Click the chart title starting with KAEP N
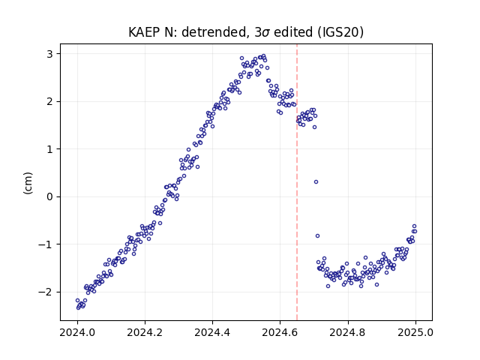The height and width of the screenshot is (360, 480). click(246, 32)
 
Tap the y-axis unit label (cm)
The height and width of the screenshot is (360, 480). click(28, 183)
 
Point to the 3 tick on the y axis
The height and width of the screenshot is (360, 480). click(49, 54)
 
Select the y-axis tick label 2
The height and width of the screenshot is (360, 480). click(49, 102)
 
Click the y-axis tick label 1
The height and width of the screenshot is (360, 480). click(49, 149)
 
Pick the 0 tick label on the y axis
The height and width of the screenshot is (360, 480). click(49, 196)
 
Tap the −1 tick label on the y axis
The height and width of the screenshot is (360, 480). click(46, 244)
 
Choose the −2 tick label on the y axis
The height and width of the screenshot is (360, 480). click(46, 292)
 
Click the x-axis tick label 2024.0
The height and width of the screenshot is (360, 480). click(77, 332)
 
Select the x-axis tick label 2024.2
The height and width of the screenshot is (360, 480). click(145, 332)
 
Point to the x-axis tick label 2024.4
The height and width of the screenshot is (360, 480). click(212, 332)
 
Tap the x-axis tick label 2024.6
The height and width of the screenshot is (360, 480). click(280, 332)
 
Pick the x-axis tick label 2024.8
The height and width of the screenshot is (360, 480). click(347, 332)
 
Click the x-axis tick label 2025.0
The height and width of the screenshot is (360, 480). click(415, 332)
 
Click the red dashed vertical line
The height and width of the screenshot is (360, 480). click(297, 182)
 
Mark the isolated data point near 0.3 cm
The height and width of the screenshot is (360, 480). click(316, 181)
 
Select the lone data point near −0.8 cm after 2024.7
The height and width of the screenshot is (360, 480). click(317, 235)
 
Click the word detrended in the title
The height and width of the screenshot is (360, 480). click(214, 32)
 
